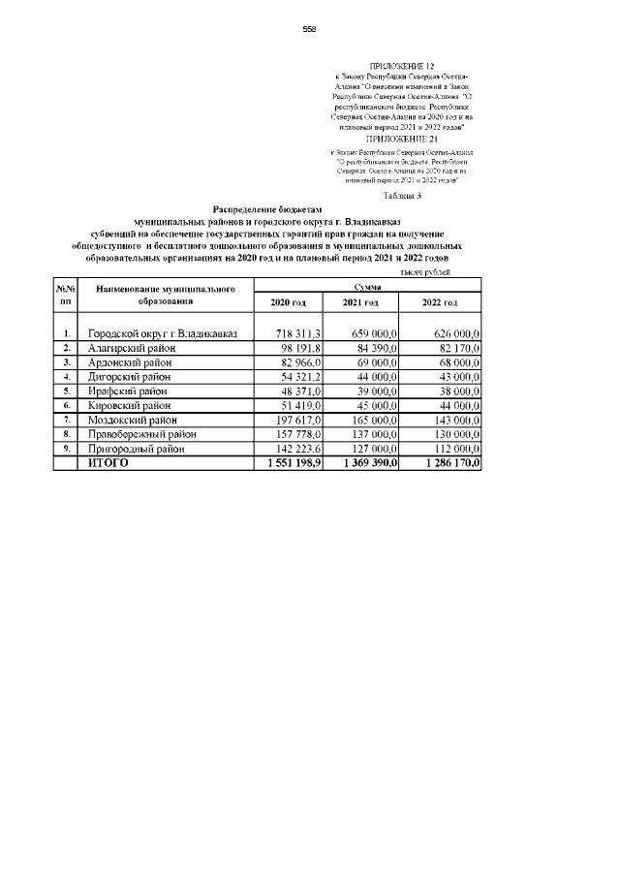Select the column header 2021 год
[x=360, y=303]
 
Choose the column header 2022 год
[x=441, y=303]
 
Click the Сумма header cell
[x=367, y=287]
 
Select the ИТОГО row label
[x=108, y=463]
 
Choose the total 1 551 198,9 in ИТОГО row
[x=288, y=463]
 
